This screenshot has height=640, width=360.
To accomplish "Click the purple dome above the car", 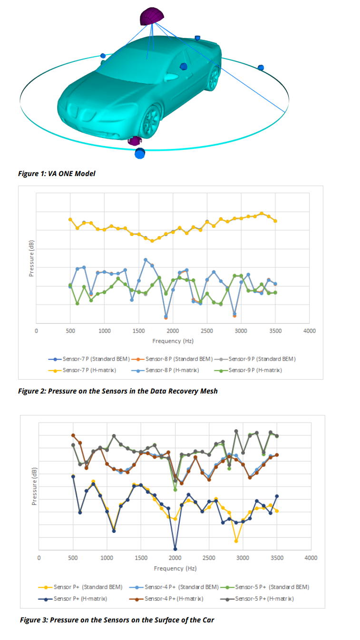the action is (151, 16).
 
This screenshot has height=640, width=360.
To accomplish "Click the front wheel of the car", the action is (151, 122).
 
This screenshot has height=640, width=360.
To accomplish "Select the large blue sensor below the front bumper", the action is (140, 153).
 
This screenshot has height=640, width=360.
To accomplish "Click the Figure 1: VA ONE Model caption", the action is (57, 174).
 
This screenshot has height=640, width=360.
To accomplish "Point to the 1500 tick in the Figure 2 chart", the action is (138, 331).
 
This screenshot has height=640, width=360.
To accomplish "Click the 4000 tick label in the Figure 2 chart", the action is (310, 331).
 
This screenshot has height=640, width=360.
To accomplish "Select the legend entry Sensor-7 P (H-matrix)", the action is (82, 370).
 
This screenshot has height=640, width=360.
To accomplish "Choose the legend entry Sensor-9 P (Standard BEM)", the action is (255, 359).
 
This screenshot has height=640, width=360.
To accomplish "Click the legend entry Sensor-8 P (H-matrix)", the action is (165, 370).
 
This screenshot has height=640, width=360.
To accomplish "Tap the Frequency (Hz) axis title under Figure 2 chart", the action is (173, 341).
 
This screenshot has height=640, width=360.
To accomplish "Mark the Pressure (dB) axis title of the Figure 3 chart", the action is (34, 486).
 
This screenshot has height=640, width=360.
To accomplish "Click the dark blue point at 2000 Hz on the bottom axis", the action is (175, 549).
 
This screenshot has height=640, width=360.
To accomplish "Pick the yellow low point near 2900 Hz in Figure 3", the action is (236, 541).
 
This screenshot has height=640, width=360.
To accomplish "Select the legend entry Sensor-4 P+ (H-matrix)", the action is (166, 599).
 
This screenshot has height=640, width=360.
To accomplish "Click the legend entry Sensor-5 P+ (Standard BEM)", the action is (265, 587).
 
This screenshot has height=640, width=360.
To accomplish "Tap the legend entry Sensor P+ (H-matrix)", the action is (73, 599).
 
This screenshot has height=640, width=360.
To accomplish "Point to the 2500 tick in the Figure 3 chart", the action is (209, 558).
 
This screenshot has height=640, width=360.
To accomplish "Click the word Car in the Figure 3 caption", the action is (208, 620).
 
